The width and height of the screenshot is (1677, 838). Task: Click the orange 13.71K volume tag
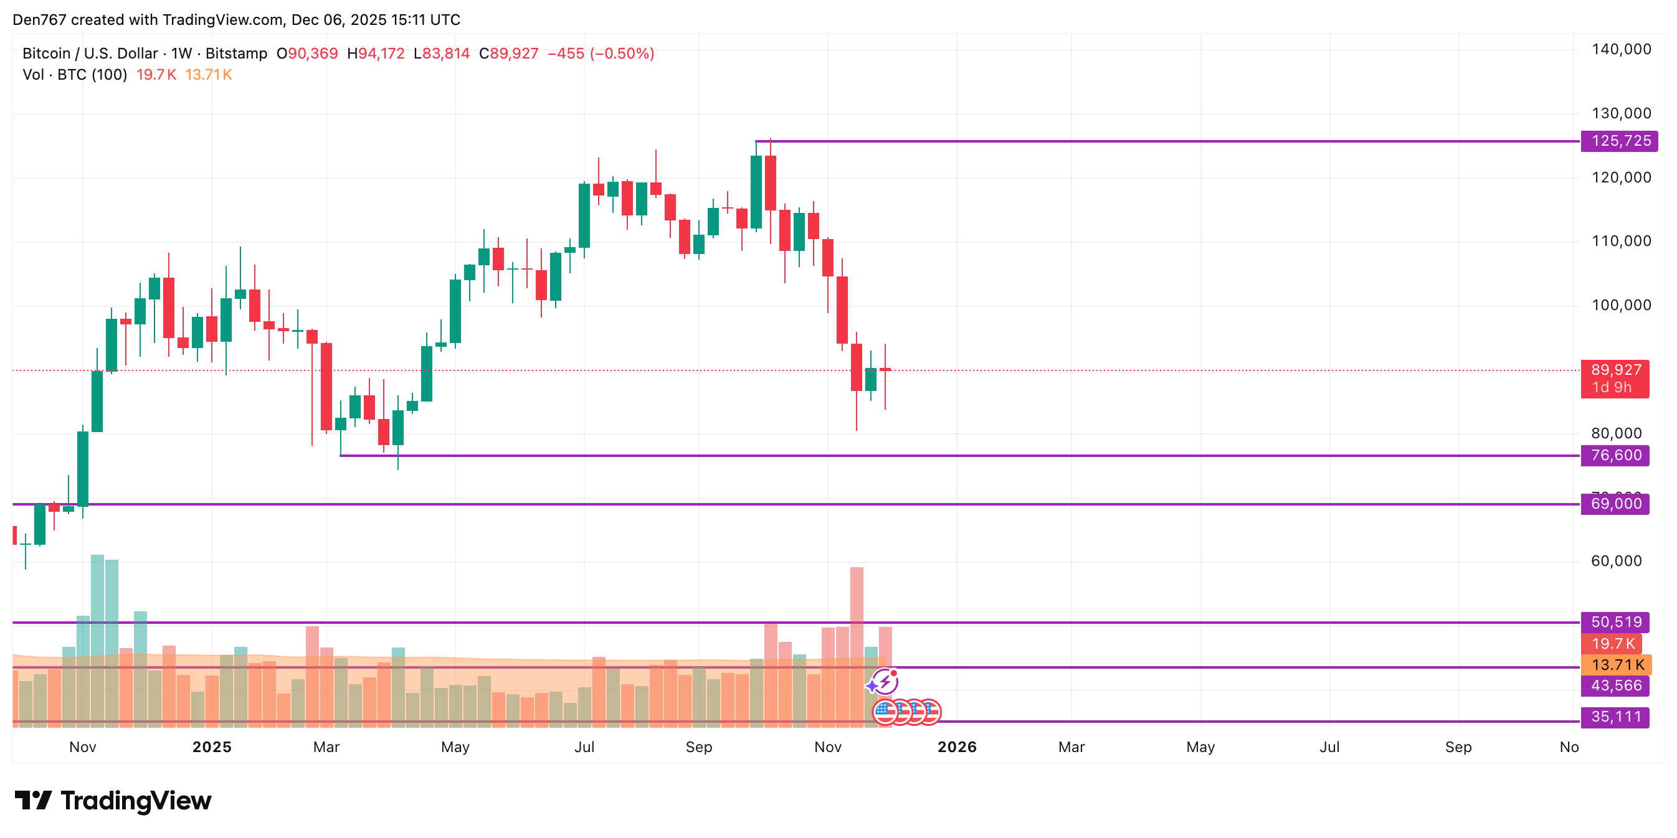(x=1617, y=665)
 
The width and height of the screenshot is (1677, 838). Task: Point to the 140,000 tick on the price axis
(x=1621, y=49)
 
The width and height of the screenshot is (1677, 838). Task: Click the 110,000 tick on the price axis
(x=1621, y=242)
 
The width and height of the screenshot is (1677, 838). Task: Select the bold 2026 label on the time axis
(x=957, y=747)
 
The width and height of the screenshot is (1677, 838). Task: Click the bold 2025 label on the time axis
(x=212, y=747)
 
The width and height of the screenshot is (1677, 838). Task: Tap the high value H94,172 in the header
(x=376, y=54)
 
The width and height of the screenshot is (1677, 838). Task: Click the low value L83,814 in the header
(x=442, y=54)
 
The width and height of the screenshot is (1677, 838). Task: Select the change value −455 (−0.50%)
(x=601, y=54)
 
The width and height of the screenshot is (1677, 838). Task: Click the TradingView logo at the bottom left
(x=113, y=800)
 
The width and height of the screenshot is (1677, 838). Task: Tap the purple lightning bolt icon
(x=885, y=682)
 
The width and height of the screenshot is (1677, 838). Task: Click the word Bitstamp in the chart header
(x=236, y=54)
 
